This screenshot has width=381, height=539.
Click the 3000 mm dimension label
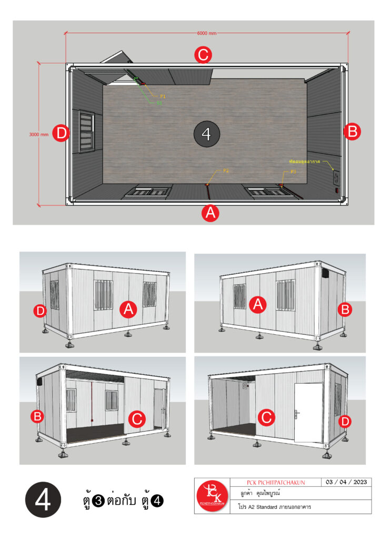tap(38, 134)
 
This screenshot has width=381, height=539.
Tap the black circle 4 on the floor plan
tap(206, 134)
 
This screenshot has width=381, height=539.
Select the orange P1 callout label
tap(163, 96)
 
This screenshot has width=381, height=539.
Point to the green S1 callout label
tap(159, 103)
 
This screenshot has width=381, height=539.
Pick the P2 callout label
tap(226, 171)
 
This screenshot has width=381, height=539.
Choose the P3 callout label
tap(293, 172)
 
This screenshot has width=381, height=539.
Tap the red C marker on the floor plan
tap(203, 55)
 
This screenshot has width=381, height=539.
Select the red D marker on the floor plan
tap(62, 134)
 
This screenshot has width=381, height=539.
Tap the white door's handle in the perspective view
tap(298, 414)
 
